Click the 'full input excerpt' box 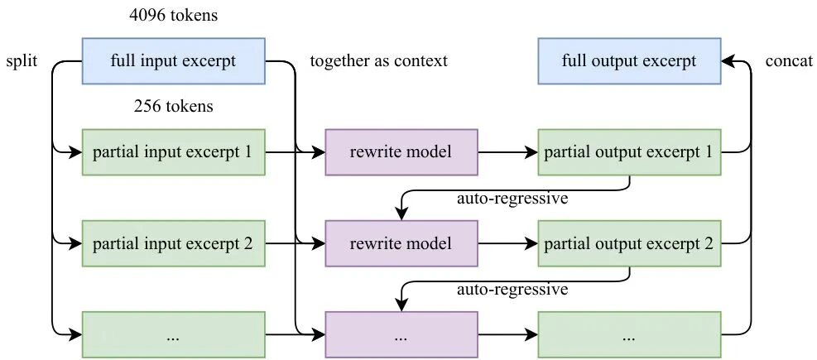pyautogui.click(x=174, y=61)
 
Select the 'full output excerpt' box pyautogui.click(x=629, y=61)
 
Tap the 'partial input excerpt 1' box pyautogui.click(x=174, y=152)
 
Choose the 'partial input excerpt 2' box pyautogui.click(x=174, y=243)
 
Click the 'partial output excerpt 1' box pyautogui.click(x=629, y=152)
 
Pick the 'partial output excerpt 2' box pyautogui.click(x=629, y=243)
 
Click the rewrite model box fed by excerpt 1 pyautogui.click(x=401, y=152)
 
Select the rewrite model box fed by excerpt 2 pyautogui.click(x=401, y=243)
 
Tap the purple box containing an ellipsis pyautogui.click(x=401, y=335)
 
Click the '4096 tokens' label pyautogui.click(x=174, y=15)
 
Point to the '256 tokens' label pyautogui.click(x=174, y=107)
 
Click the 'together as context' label pyautogui.click(x=377, y=61)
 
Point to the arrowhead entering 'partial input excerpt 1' pyautogui.click(x=77, y=152)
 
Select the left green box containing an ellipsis pyautogui.click(x=174, y=335)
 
